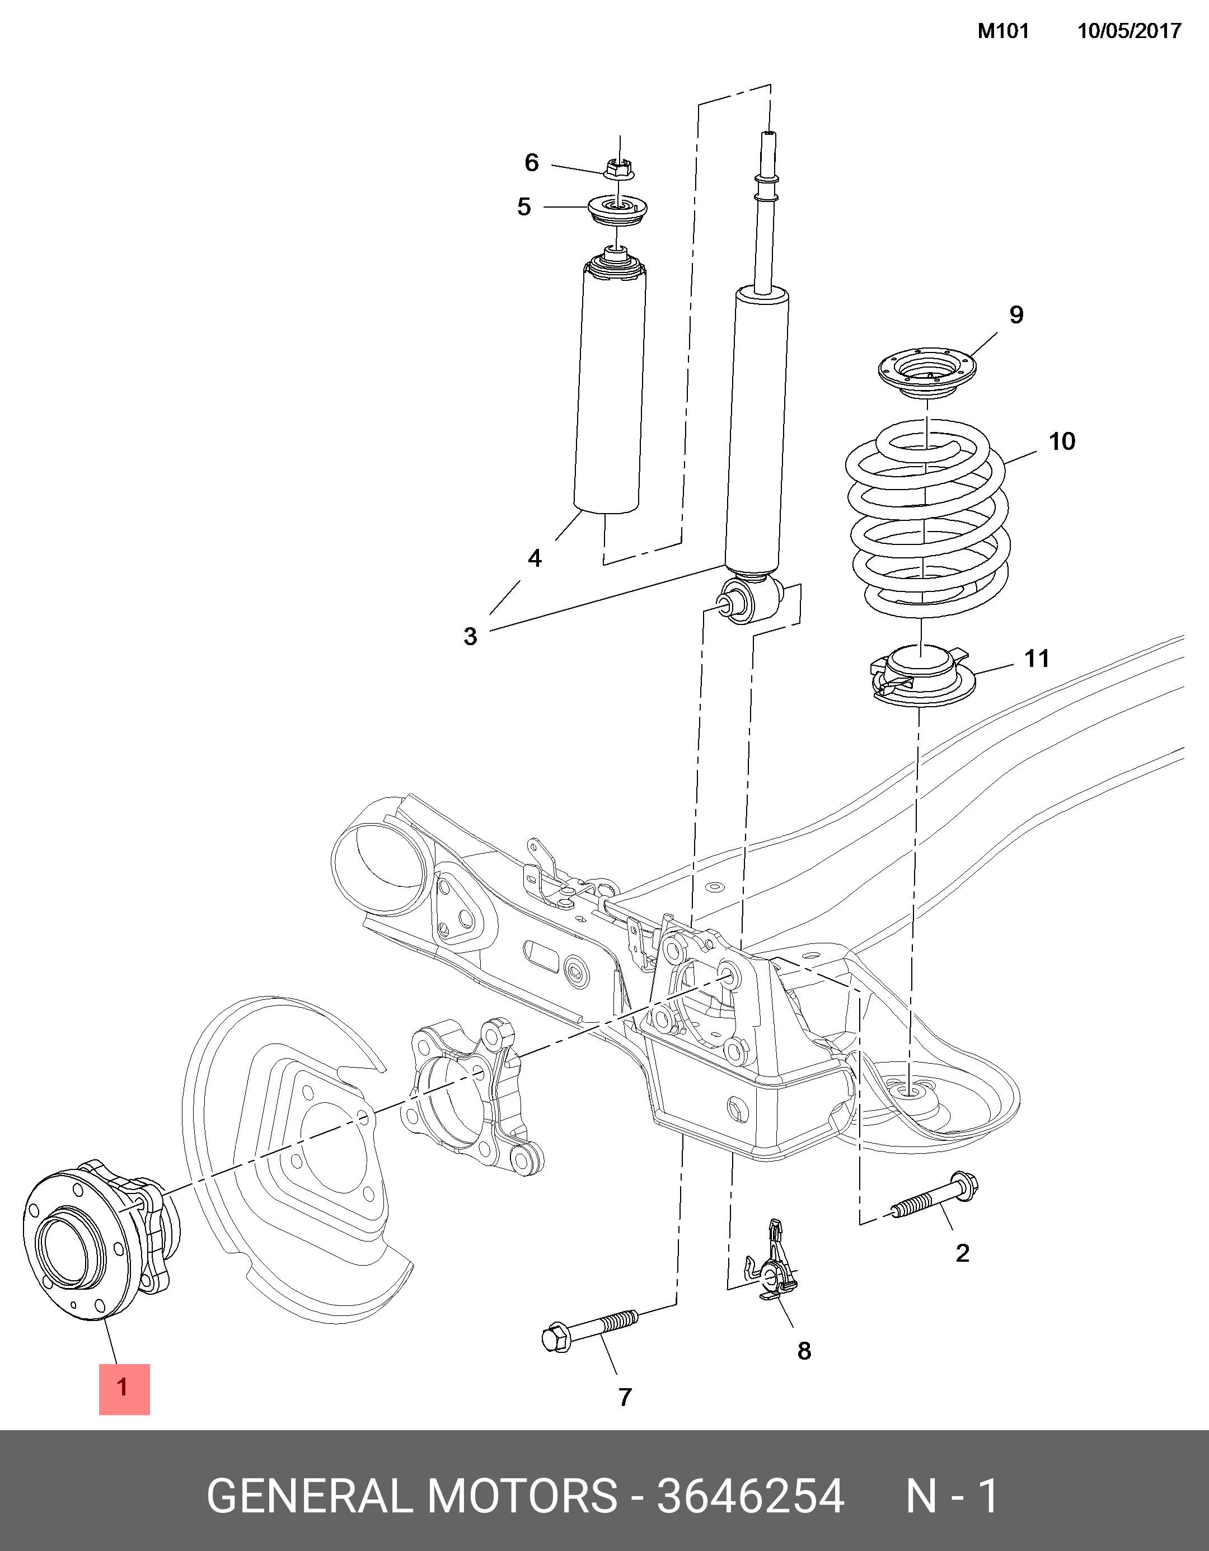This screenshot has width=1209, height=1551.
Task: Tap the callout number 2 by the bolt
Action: coord(963,1253)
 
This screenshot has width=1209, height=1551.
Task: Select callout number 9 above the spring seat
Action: coord(1016,314)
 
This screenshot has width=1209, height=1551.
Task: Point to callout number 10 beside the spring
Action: coord(1062,441)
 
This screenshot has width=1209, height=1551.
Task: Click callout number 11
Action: coord(1037,659)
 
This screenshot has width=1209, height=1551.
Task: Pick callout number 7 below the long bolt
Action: coord(625,1398)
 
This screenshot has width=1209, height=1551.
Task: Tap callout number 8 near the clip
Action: coord(804,1351)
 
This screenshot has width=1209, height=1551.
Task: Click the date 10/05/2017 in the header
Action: coord(1129,31)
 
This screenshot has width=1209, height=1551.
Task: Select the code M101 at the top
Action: coord(1003,31)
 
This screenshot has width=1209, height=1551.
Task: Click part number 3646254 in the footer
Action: coord(750,1496)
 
